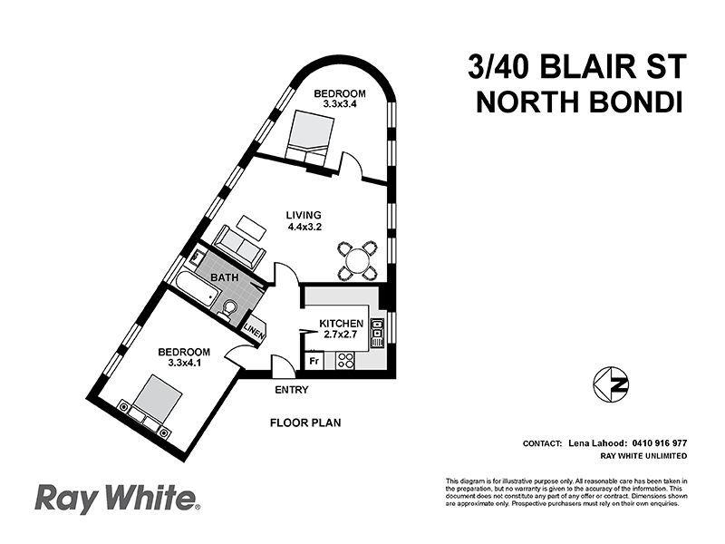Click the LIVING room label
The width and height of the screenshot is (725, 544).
(304, 215)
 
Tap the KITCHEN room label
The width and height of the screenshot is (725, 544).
(341, 324)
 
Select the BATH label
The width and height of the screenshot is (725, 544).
(224, 277)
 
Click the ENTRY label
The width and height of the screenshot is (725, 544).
(291, 390)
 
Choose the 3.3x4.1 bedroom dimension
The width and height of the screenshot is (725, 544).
(183, 364)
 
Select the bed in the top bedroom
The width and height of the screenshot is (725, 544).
(309, 140)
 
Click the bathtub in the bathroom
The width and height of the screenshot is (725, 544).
(193, 284)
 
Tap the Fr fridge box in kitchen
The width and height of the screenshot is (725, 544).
(314, 361)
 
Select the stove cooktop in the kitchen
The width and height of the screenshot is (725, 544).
(345, 360)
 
